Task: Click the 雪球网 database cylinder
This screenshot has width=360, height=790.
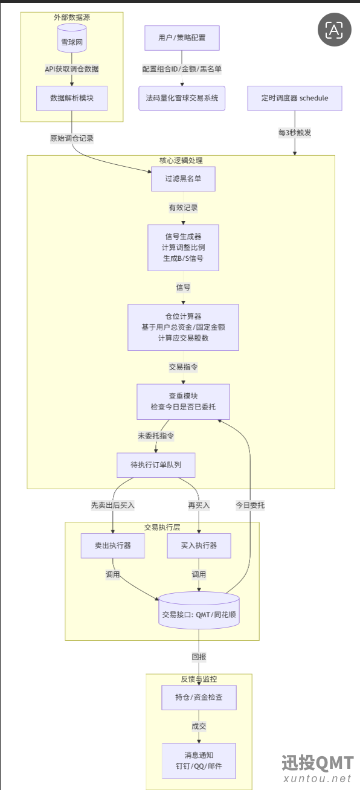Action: tap(72, 38)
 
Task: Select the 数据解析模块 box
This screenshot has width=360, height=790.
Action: tap(72, 98)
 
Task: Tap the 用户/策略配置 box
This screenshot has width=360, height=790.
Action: tap(182, 37)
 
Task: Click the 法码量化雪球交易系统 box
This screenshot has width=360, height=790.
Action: tap(182, 98)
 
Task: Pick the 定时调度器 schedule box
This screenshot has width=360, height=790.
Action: tap(295, 98)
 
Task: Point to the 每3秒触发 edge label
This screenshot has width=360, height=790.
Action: tap(295, 133)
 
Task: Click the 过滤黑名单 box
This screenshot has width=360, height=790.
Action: tap(184, 179)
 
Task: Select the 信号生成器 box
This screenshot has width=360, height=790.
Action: tap(184, 248)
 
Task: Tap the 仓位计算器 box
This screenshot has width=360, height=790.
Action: tap(184, 327)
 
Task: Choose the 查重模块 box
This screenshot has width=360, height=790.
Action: tap(184, 402)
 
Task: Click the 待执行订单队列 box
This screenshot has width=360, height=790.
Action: tap(156, 465)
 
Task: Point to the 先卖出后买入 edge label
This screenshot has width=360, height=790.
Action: tap(113, 505)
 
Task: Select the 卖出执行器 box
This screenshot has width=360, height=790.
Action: tap(113, 545)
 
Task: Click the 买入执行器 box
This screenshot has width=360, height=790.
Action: tap(199, 545)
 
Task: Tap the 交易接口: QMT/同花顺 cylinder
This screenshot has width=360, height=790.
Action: tap(199, 610)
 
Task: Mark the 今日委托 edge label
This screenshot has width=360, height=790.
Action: tap(250, 505)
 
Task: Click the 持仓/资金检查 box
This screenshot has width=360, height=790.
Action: tap(199, 697)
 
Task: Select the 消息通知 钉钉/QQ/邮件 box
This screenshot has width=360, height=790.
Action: tap(199, 761)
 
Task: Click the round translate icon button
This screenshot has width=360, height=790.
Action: tap(334, 30)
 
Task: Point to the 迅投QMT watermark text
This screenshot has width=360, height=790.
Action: tap(317, 763)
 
